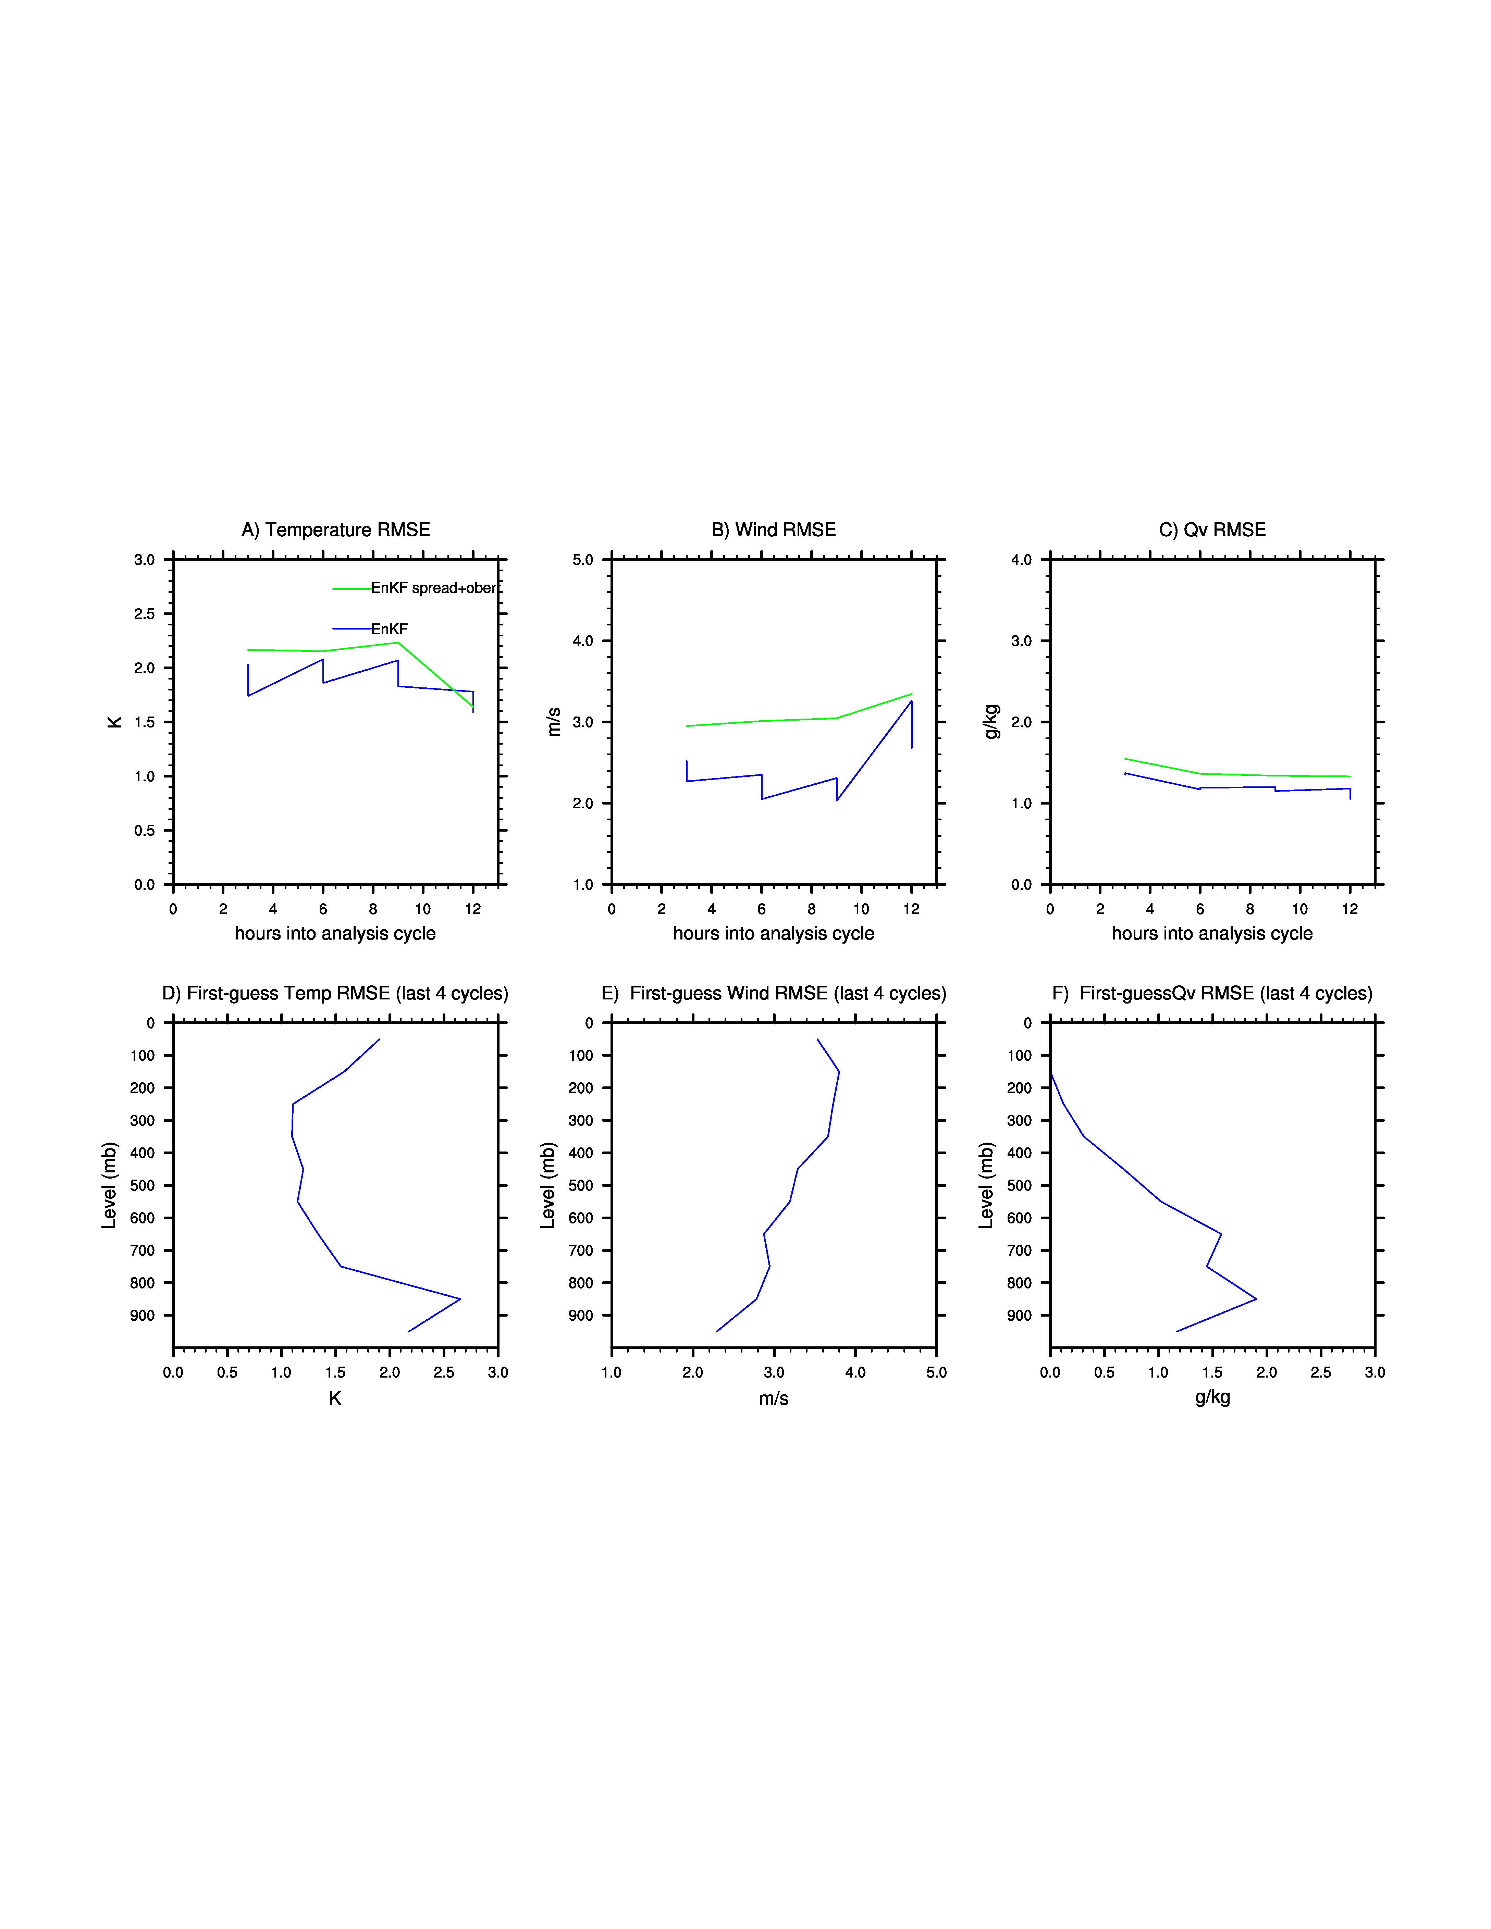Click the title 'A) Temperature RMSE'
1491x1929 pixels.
336,530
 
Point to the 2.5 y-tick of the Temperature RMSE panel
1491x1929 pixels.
144,614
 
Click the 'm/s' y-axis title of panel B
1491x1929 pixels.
554,722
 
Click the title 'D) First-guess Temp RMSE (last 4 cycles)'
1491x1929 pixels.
336,994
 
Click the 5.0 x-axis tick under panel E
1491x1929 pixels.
936,1372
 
